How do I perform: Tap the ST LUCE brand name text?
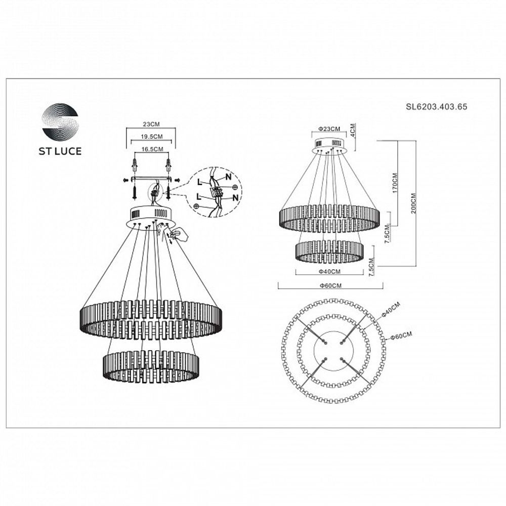point(60,151)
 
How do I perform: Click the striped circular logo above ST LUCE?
point(60,121)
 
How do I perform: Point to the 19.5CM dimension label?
point(151,137)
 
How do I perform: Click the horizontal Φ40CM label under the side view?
point(329,272)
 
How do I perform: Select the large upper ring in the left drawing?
point(151,319)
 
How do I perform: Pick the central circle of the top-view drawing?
point(333,351)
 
